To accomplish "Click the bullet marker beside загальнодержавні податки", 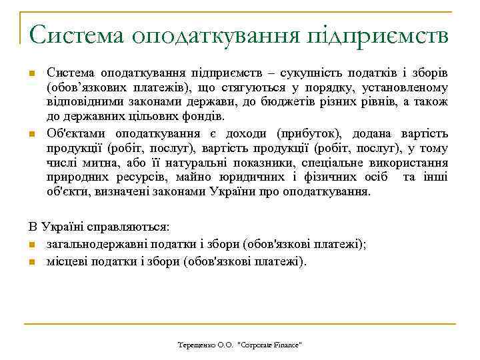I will pos(32,245).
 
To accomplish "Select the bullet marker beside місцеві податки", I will pos(32,261).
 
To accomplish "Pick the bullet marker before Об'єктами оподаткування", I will pos(31,135).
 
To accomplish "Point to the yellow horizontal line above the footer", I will pos(240,325).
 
